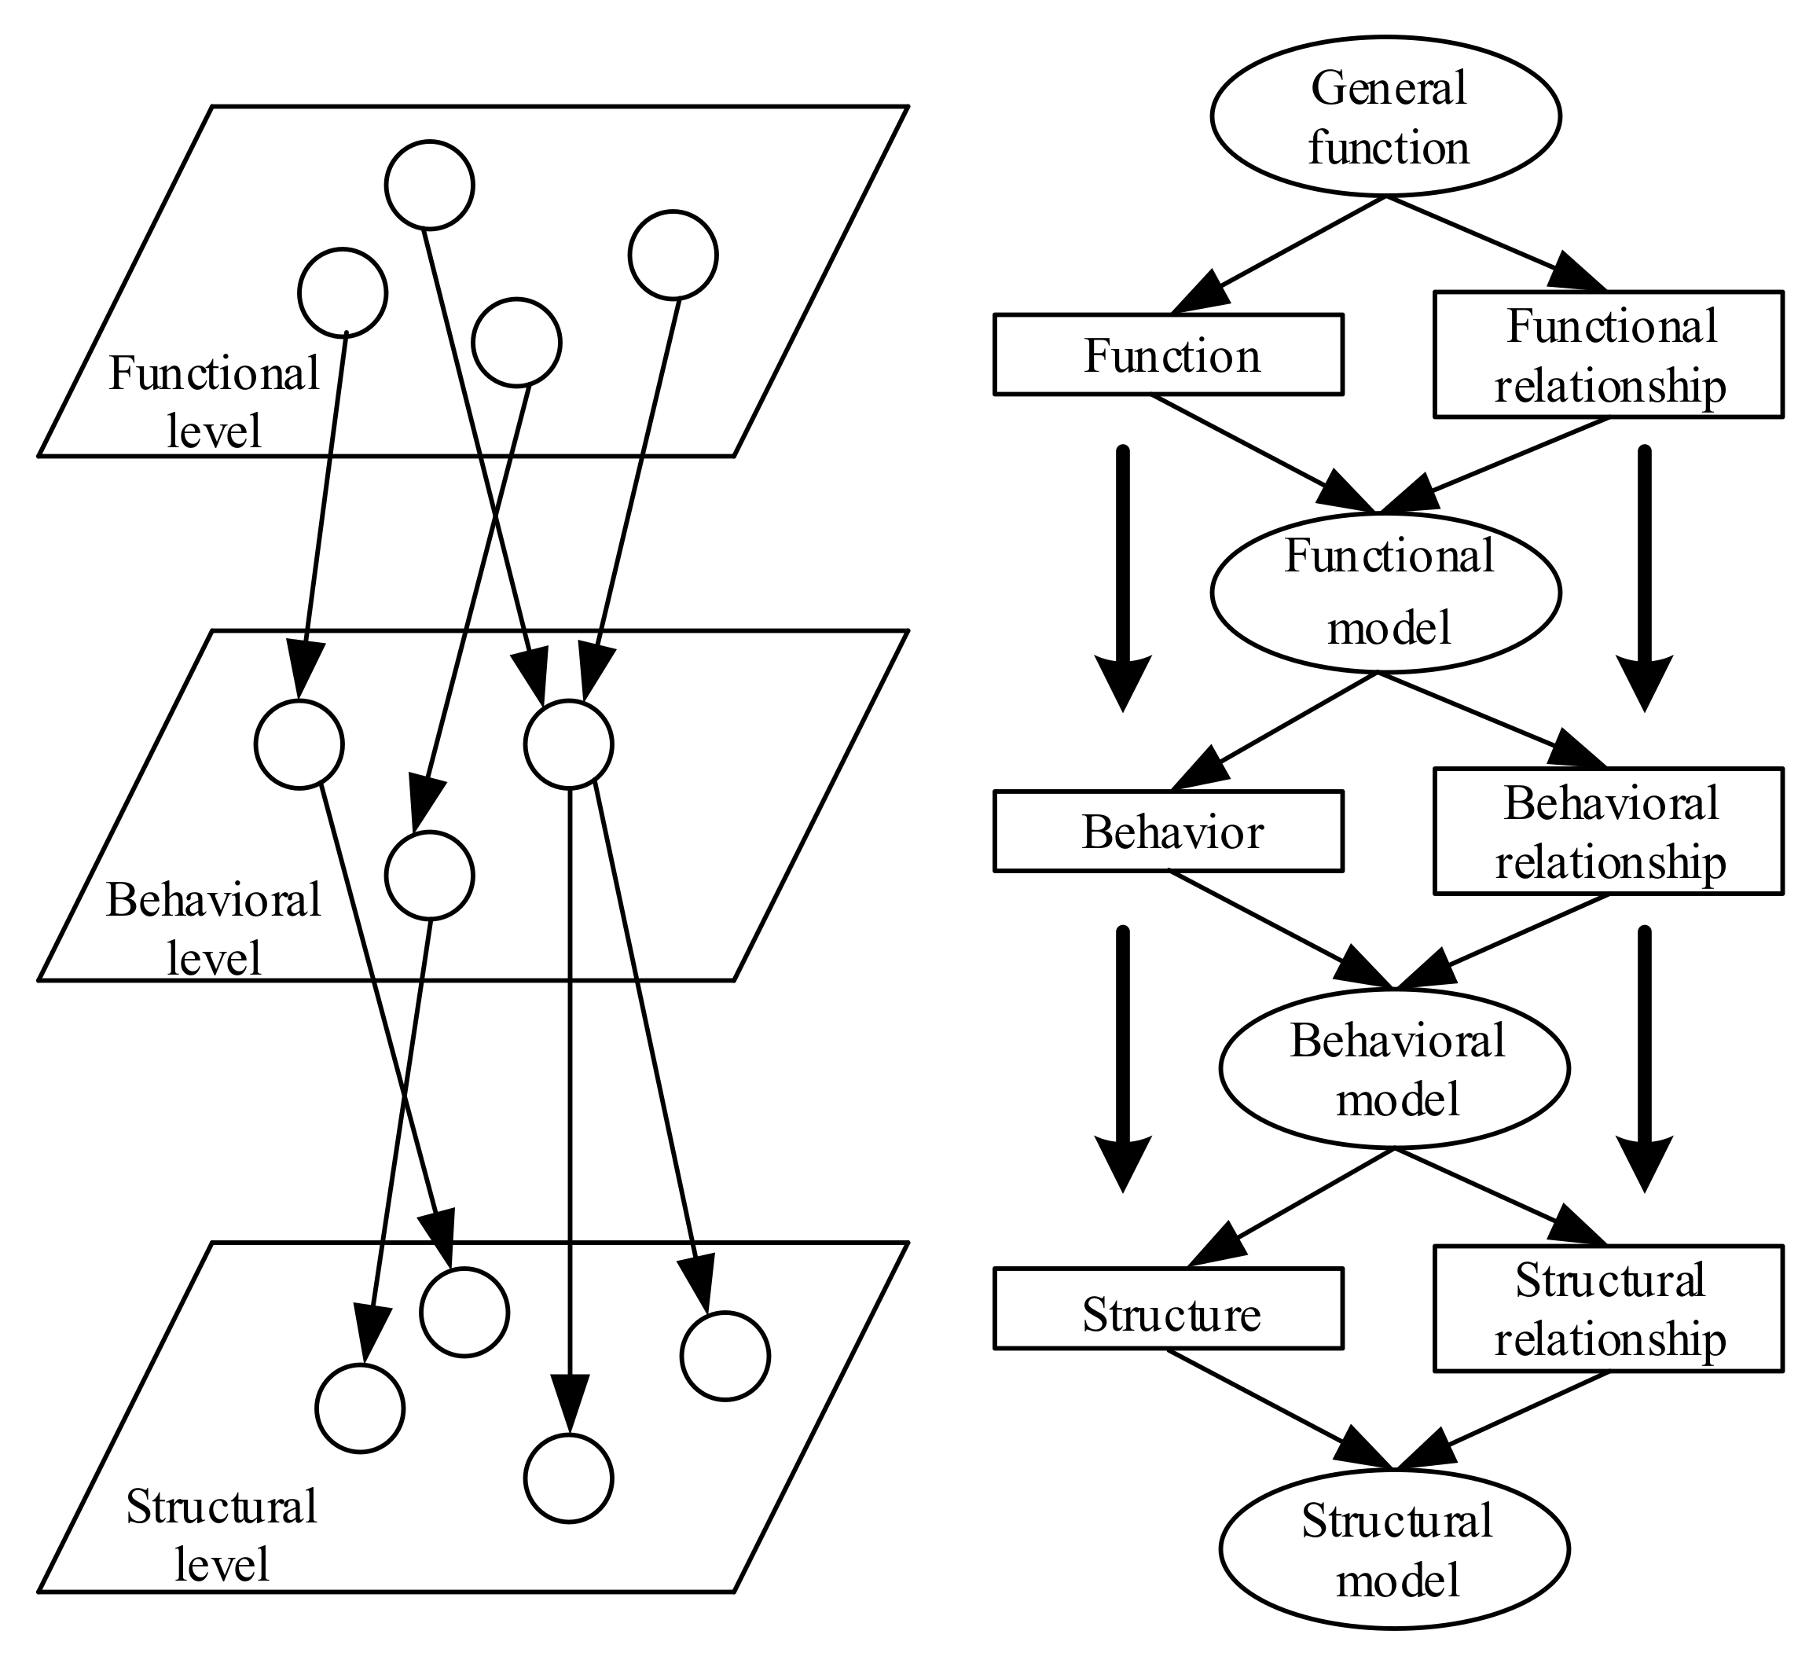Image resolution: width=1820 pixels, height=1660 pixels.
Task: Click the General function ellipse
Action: (x=1385, y=116)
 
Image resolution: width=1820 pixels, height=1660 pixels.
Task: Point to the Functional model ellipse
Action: (x=1385, y=593)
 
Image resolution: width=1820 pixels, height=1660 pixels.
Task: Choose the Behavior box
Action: (x=1169, y=831)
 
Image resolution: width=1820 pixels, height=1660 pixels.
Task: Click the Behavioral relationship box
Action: (x=1609, y=831)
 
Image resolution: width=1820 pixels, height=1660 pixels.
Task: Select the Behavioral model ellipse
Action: (x=1394, y=1068)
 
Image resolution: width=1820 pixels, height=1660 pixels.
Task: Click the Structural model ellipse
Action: (x=1394, y=1550)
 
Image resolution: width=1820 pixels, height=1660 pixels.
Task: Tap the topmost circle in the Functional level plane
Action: (x=430, y=184)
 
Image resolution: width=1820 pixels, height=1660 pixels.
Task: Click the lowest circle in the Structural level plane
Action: (x=569, y=1478)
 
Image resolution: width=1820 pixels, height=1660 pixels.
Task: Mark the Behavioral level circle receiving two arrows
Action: (x=569, y=744)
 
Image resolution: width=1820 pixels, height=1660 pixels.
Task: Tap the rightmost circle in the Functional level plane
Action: (x=673, y=255)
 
